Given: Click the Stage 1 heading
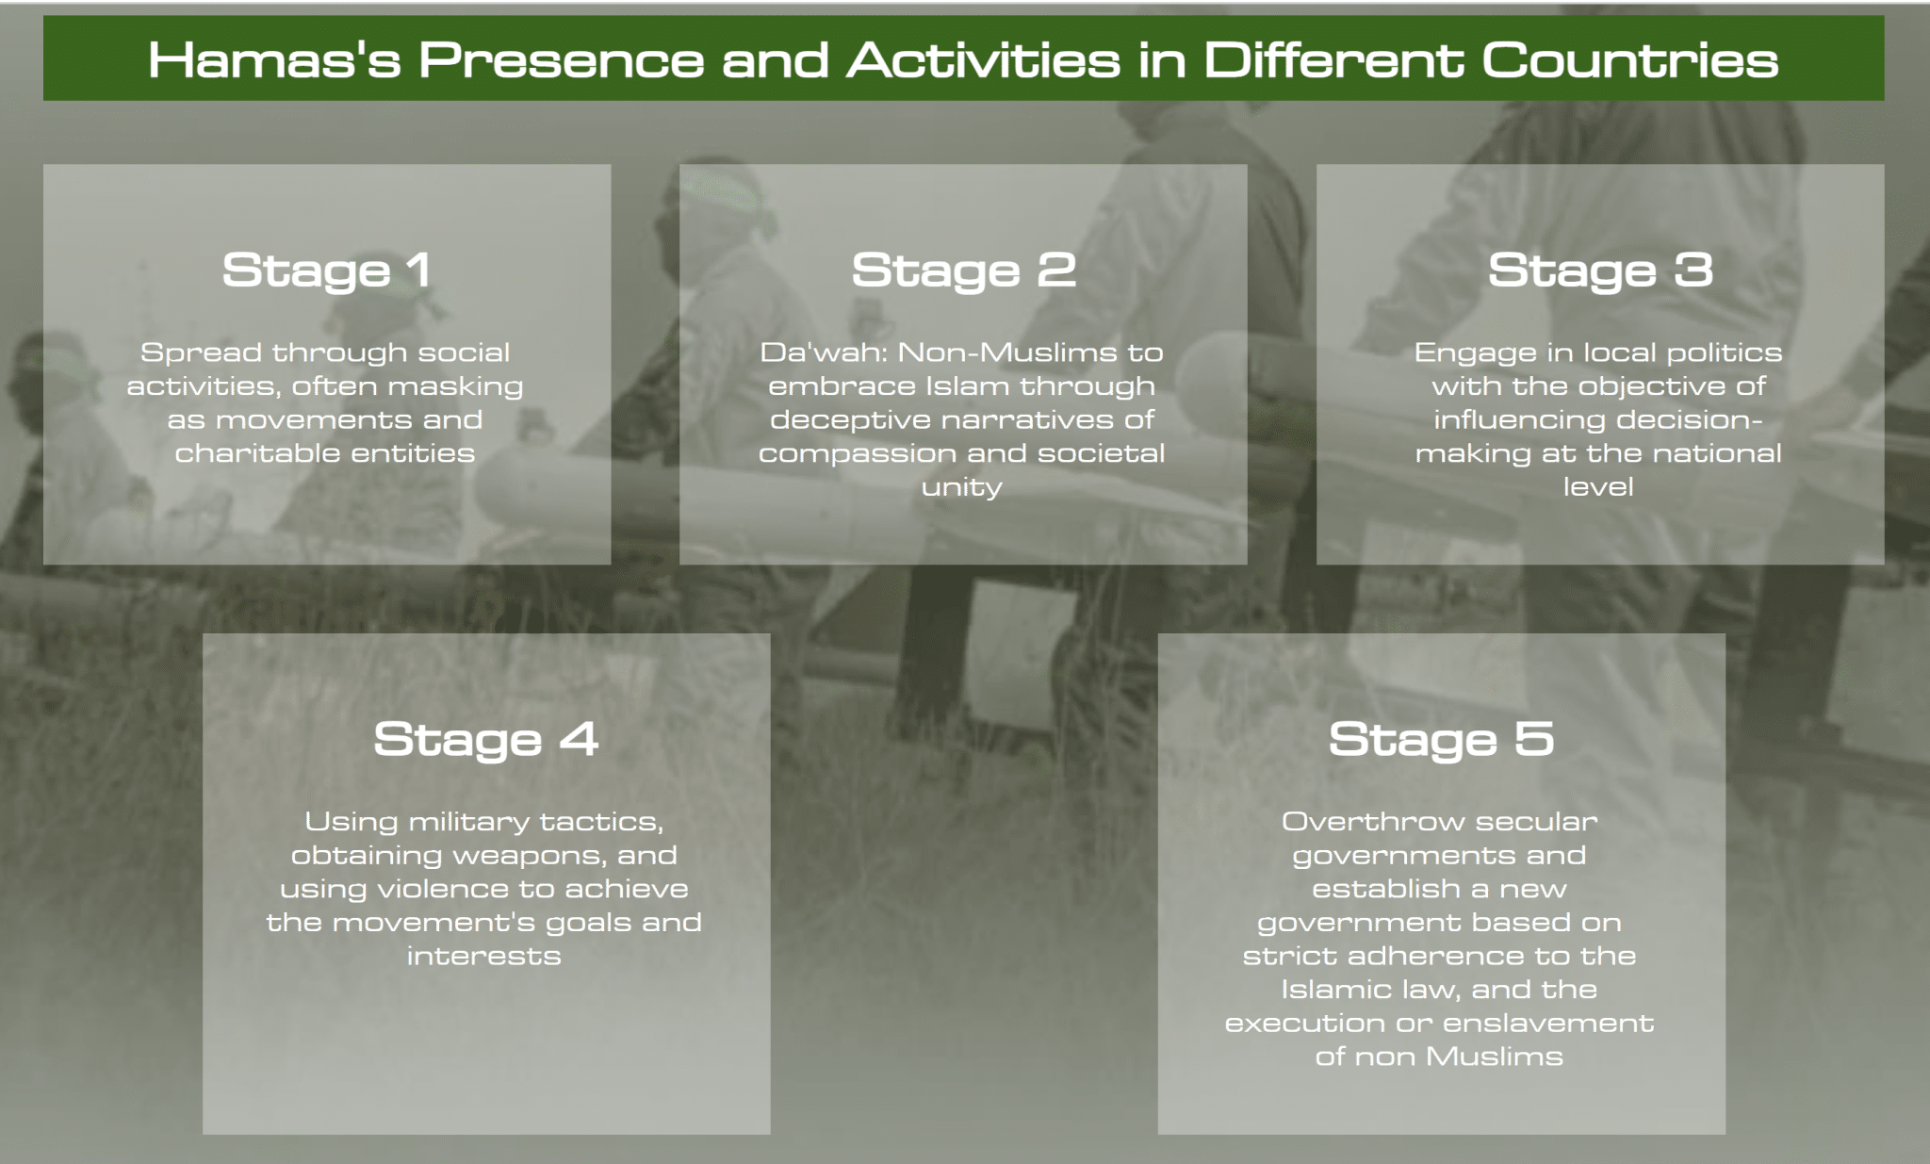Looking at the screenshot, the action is click(327, 271).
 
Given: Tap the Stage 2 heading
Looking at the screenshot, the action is click(963, 271).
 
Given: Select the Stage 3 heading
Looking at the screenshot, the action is click(1600, 271).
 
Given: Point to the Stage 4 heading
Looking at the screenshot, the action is click(486, 740).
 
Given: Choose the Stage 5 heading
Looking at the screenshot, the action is click(1441, 740).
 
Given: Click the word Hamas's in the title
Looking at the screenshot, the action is click(275, 60).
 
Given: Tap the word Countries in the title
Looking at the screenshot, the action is click(1629, 60).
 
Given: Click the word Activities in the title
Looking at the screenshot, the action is click(984, 60).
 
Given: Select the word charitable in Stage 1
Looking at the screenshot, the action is click(244, 453).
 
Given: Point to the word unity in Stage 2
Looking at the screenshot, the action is click(961, 488).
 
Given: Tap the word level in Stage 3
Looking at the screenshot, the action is click(1598, 487).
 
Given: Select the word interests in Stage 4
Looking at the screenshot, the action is click(484, 957).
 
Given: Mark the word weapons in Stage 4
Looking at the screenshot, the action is click(527, 857).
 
